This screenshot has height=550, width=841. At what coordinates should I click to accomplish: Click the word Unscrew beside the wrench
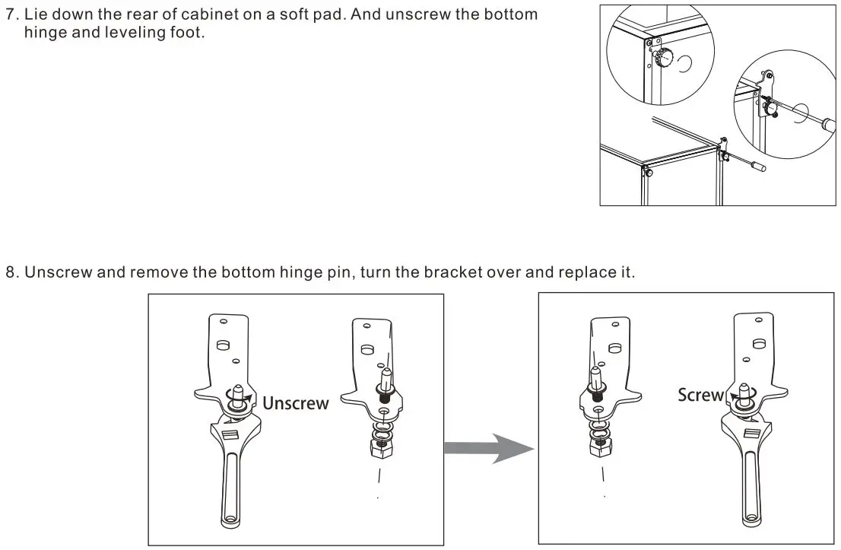[x=295, y=403]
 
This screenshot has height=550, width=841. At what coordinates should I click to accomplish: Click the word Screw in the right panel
[x=700, y=395]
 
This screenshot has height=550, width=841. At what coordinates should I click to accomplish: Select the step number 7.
[x=10, y=14]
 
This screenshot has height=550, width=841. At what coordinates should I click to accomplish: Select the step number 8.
[x=10, y=272]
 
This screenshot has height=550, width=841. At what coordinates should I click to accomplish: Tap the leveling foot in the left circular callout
[x=667, y=57]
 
